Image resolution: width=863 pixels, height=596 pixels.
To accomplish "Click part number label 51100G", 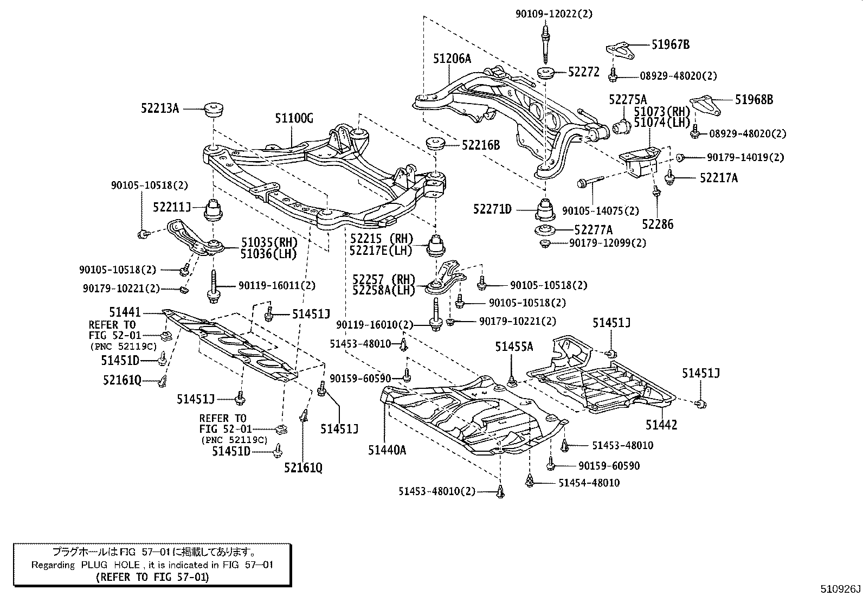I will coord(294,119).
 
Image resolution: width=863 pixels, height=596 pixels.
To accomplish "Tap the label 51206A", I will coord(452,59).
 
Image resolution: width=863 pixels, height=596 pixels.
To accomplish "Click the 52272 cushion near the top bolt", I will coord(544,73).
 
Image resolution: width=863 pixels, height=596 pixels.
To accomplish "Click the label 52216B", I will coord(481,145).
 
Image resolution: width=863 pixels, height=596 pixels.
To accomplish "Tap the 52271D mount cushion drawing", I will coord(545,209).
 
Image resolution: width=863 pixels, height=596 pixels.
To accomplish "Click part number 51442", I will coord(661,425).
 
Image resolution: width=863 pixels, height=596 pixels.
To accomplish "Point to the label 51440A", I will coord(387,449).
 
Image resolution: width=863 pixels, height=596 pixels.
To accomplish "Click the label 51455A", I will coord(514,347).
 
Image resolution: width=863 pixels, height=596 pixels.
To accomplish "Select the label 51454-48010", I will coord(589,483).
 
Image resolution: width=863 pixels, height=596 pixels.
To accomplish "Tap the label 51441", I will coord(125,312).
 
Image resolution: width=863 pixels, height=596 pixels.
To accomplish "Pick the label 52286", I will coord(658,224).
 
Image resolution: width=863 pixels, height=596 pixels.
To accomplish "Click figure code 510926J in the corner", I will coord(840,589).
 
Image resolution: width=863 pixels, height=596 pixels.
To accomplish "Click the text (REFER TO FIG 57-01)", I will coord(152,577).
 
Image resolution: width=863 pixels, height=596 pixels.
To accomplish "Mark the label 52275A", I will coord(628,99).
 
